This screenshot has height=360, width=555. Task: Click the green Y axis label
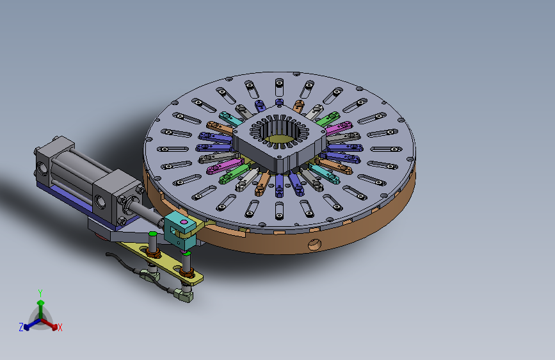[40, 293]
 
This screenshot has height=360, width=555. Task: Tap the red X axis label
[60, 327]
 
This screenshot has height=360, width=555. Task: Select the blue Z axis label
[21, 327]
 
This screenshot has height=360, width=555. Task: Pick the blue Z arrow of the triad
[32, 324]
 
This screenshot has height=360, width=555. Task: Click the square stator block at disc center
[279, 142]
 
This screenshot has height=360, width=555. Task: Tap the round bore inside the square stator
[280, 135]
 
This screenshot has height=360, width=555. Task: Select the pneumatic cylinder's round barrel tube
[81, 167]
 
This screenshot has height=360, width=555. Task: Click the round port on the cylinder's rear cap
[42, 169]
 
